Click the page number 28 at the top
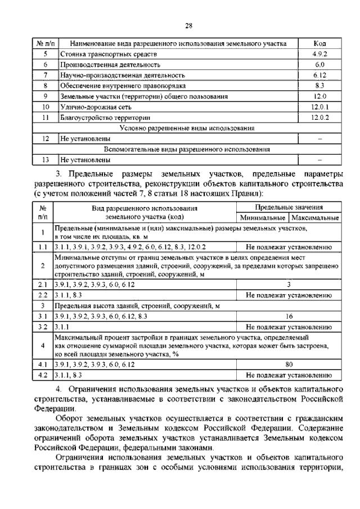189,25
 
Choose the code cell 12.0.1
319,107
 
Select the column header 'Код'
319,43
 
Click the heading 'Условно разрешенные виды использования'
191,128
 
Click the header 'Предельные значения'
288,207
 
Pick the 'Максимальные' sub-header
314,217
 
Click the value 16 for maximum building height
288,316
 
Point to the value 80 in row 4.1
288,364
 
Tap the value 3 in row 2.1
288,285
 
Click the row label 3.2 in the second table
42,326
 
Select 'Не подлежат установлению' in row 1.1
288,247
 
